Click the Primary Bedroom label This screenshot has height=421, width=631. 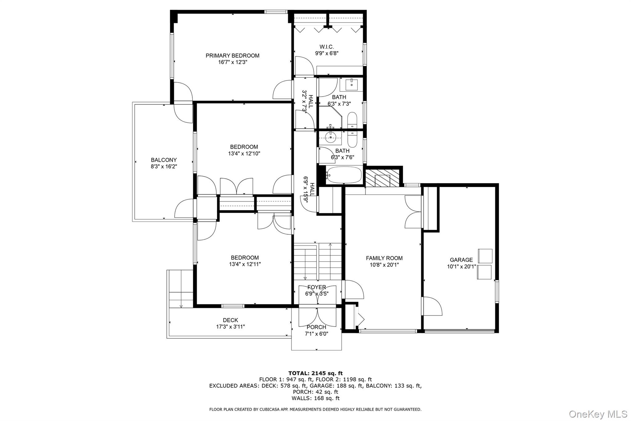click(x=232, y=56)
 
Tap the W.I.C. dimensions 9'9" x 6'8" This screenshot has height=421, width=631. click(x=327, y=53)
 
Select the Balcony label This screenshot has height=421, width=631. click(x=164, y=160)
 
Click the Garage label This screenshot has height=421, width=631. click(x=461, y=260)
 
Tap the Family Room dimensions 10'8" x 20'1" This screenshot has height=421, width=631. click(x=384, y=265)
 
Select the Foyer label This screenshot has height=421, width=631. click(x=316, y=287)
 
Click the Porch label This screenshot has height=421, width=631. click(x=316, y=327)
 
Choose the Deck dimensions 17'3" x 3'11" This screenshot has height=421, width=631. click(x=230, y=327)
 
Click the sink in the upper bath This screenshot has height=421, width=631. click(x=351, y=84)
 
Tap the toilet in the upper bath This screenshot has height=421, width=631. click(x=352, y=120)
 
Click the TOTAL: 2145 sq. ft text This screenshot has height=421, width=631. click(x=315, y=373)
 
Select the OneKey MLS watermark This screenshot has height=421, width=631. click(x=598, y=414)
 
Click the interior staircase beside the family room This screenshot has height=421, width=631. click(x=317, y=261)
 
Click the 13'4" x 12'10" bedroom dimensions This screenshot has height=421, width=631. click(x=244, y=154)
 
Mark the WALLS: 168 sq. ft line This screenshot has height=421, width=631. click(x=315, y=398)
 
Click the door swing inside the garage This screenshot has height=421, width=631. click(x=432, y=306)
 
